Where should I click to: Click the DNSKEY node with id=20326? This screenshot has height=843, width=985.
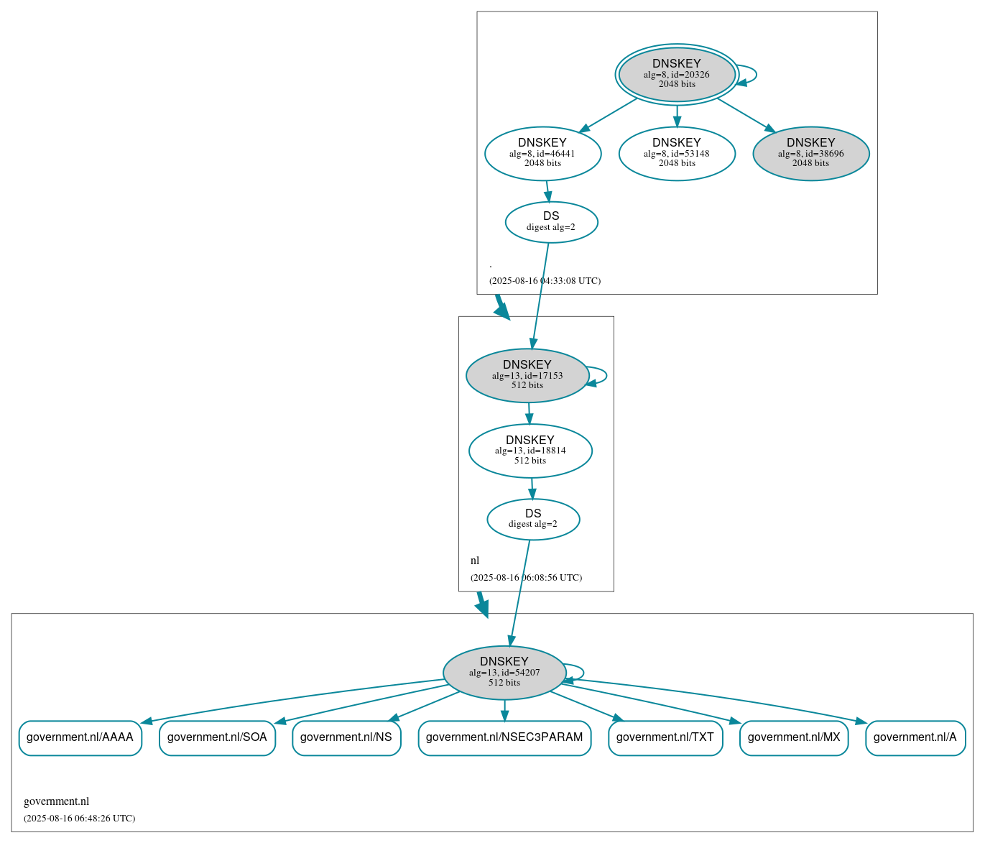tap(676, 74)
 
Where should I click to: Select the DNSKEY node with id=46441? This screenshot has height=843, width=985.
tap(542, 153)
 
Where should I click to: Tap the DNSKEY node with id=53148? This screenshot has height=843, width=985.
tap(677, 153)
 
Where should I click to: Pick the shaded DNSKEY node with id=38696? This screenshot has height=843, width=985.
tap(810, 153)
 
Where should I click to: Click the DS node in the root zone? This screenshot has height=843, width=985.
tap(551, 222)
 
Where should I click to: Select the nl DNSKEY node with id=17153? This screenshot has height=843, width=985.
tap(527, 375)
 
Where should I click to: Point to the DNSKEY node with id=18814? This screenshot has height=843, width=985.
tap(530, 451)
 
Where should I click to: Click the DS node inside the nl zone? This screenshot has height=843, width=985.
tap(533, 519)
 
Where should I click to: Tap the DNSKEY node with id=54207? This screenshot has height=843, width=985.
tap(504, 673)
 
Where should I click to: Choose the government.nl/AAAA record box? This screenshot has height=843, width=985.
tap(80, 737)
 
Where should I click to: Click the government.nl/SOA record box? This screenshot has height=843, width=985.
tap(217, 737)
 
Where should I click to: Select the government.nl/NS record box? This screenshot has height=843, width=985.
tap(346, 737)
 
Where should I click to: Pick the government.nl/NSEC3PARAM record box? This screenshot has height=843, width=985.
tap(504, 737)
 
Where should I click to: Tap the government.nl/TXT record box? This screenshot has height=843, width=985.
tap(665, 737)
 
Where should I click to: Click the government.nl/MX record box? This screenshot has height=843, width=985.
tap(794, 737)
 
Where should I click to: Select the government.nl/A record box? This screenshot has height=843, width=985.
tap(915, 737)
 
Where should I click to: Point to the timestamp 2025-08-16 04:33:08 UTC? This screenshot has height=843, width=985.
tap(545, 281)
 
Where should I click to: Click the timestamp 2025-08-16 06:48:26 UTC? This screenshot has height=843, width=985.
tap(79, 819)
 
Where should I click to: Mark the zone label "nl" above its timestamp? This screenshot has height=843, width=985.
tap(475, 561)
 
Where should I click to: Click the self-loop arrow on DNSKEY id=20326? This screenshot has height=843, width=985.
tap(755, 75)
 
